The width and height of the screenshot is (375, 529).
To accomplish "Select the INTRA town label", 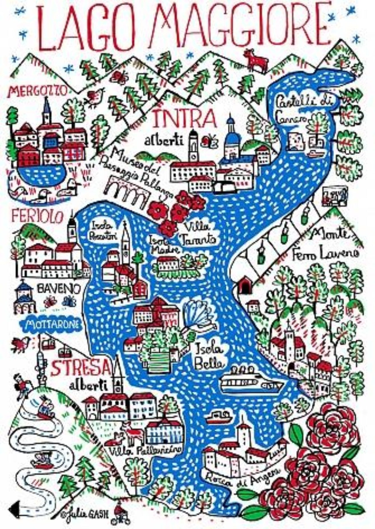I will [185, 119].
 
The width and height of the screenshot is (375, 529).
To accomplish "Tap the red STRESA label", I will [80, 368].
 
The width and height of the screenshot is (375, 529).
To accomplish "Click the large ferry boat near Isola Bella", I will [251, 382].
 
